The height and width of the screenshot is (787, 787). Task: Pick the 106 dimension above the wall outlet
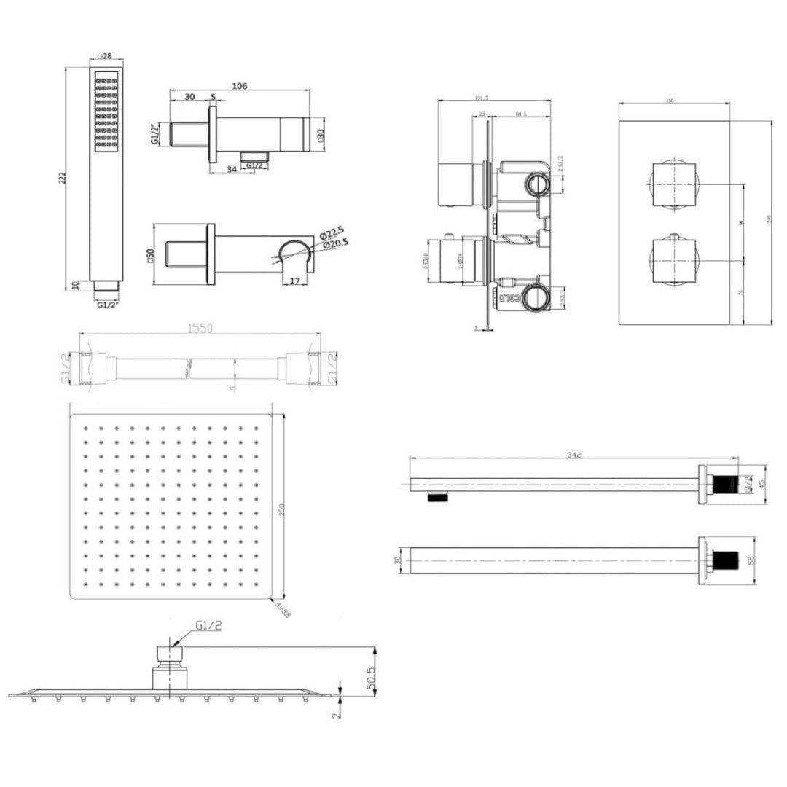(x=240, y=86)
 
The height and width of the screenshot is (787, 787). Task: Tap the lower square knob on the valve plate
(x=672, y=259)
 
